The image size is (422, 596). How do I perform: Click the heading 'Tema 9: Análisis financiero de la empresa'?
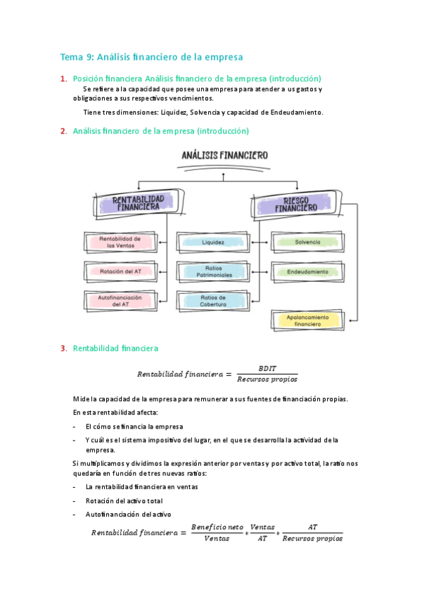pyautogui.click(x=151, y=57)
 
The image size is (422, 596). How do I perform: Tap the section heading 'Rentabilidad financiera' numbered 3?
pyautogui.click(x=115, y=348)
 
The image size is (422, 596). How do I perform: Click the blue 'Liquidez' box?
pyautogui.click(x=213, y=242)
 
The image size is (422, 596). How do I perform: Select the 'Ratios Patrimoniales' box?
pyautogui.click(x=213, y=271)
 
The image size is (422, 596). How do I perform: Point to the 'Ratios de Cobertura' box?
pyautogui.click(x=213, y=301)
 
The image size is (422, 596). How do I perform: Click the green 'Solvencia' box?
pyautogui.click(x=308, y=242)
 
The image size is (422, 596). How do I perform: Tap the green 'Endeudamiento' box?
pyautogui.click(x=308, y=271)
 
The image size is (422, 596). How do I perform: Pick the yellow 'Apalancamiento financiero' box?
pyautogui.click(x=308, y=320)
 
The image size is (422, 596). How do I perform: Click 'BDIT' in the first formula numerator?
pyautogui.click(x=267, y=368)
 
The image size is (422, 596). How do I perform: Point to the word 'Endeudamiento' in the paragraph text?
pyautogui.click(x=294, y=112)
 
